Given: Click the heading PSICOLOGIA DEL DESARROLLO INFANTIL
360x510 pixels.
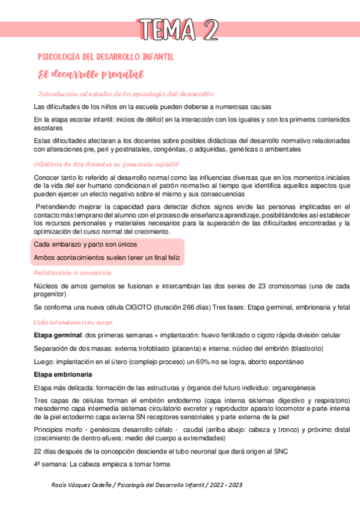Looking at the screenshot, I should tap(106, 57).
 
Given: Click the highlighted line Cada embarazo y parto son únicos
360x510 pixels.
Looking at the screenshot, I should tap(85, 245).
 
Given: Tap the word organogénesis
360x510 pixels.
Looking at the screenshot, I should tap(282, 387).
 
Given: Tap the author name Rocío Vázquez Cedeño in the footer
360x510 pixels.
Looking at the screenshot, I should tap(84, 485).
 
